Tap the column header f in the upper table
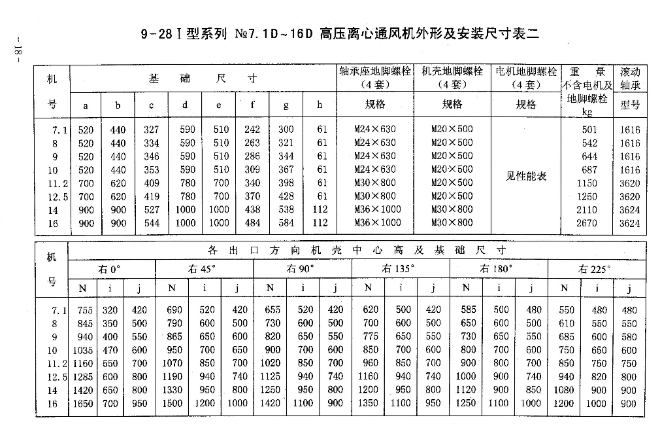252,105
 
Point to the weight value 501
589,130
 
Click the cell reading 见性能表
525,176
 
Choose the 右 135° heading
399,269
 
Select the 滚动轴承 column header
630,78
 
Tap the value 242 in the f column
252,130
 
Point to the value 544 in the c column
151,223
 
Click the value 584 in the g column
286,223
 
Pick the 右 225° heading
595,269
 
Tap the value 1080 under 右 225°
564,391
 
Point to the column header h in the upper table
320,105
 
